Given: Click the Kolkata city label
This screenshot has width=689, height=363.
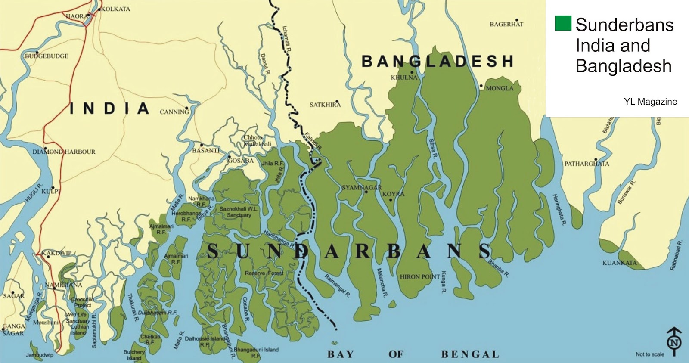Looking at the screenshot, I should click(115, 9).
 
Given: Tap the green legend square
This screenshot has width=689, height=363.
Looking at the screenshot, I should click(563, 23).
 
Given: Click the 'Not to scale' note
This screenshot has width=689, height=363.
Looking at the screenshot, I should click(650, 354).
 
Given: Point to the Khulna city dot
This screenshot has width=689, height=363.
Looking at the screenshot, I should click(412, 72).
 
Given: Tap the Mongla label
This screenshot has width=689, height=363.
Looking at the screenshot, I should click(500, 88).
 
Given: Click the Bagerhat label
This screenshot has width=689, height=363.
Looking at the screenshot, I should click(506, 24).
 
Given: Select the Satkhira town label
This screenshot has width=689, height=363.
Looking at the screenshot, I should click(325, 105).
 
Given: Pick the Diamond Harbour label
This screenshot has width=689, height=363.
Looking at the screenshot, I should click(64, 152).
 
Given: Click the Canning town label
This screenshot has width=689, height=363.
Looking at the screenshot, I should click(174, 112).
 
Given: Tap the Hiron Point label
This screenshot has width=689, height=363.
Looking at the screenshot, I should click(420, 276).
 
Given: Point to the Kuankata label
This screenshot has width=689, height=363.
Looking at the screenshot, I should click(619, 263).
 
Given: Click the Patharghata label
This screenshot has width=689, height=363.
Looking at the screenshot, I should click(587, 164).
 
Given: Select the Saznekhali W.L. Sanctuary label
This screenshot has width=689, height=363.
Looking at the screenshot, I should click(239, 212).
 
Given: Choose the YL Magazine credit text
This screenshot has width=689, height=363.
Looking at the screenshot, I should click(650, 102).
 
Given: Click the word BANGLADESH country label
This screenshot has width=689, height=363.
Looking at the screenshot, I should click(437, 62).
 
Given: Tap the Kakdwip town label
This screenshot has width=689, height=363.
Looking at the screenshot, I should click(56, 253).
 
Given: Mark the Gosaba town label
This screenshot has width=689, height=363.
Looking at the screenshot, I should click(240, 161).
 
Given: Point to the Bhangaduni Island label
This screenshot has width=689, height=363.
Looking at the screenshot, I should click(256, 350).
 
